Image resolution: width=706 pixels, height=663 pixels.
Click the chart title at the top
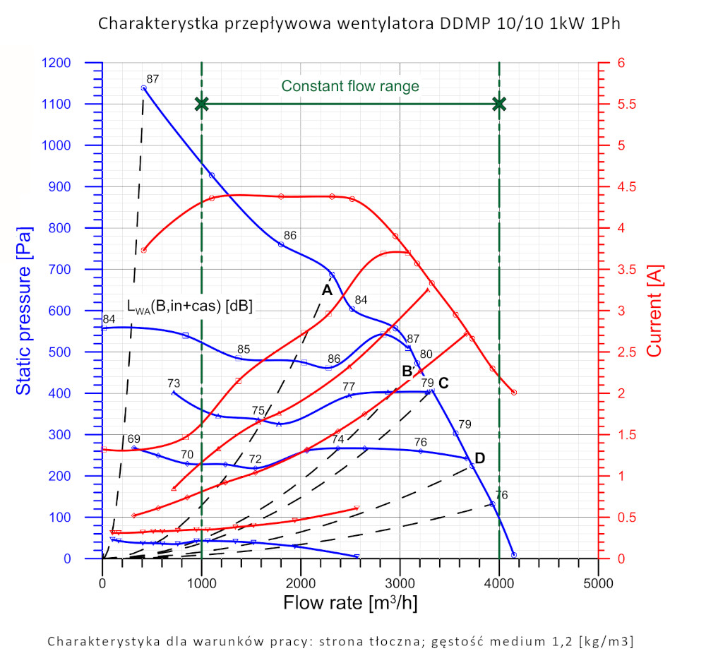[360, 23]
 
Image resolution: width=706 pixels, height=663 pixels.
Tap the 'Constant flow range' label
[350, 86]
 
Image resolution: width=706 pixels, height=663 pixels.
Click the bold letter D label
[479, 459]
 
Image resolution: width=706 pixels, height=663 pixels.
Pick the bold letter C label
[443, 383]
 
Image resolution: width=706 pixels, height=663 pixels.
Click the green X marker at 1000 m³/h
[202, 104]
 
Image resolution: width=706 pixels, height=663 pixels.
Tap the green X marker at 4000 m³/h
[499, 104]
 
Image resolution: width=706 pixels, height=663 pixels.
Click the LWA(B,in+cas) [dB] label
[189, 306]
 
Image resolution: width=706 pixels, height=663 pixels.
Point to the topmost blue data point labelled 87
[144, 88]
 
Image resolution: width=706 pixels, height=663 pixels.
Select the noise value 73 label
[174, 383]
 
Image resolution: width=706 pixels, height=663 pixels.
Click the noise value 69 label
[134, 439]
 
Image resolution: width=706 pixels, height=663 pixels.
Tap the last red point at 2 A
[514, 393]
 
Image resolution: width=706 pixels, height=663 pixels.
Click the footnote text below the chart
[340, 642]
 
